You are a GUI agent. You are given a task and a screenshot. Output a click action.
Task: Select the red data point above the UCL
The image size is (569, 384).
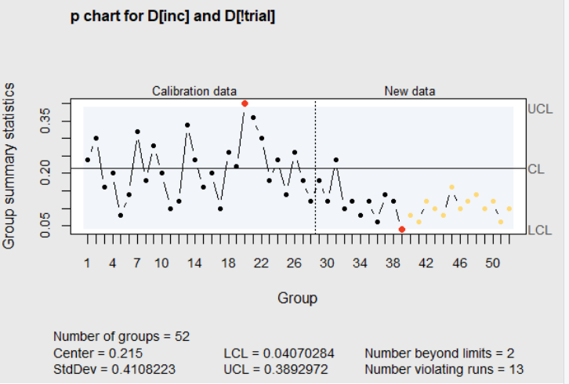tap(245, 103)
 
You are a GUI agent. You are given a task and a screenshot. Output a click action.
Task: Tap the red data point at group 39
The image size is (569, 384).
tap(402, 229)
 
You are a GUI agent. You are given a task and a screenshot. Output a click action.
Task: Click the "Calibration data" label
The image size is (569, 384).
tap(194, 91)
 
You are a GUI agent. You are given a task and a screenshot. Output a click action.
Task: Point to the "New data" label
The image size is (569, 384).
tap(409, 91)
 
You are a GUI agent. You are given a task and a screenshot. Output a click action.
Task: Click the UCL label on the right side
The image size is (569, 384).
tap(540, 109)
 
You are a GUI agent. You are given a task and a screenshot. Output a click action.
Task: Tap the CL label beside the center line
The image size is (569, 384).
tap(536, 168)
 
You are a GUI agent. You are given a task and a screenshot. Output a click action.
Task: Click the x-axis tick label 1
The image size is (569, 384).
tap(87, 264)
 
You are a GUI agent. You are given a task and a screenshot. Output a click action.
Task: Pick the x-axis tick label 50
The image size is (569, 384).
tap(492, 264)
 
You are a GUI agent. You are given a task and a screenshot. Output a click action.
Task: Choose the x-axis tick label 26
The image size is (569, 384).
tap(294, 264)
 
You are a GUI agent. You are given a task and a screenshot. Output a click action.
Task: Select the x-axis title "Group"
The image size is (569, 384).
tap(297, 298)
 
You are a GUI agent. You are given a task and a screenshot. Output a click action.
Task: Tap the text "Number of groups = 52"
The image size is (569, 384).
tap(121, 336)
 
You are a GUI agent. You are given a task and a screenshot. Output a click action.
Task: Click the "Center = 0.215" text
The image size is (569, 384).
tap(98, 353)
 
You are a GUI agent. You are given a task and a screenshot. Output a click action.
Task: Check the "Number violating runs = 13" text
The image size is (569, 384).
tap(444, 369)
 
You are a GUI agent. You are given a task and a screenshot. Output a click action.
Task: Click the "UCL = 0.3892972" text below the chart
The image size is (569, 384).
tap(276, 369)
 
